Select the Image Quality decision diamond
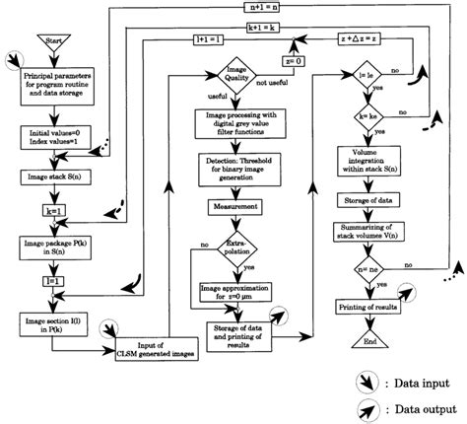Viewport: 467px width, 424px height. (224, 79)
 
